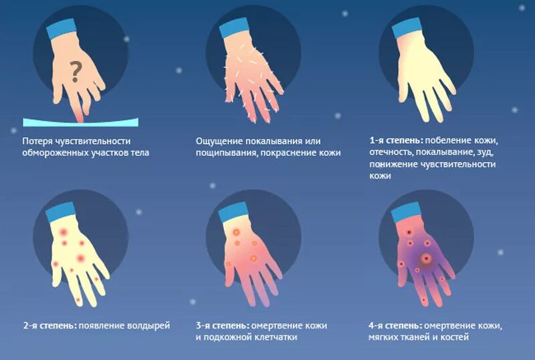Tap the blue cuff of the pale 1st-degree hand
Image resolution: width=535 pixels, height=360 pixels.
tap(406, 27)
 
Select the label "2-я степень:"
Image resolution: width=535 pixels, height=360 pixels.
tap(49, 326)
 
